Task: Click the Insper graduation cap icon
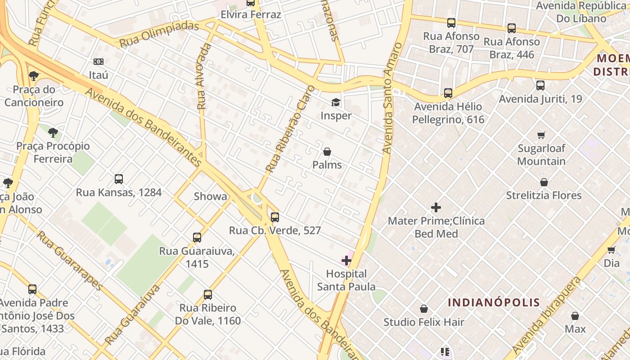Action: (x=336, y=103)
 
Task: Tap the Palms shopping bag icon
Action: (x=327, y=152)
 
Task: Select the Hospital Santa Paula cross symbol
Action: (x=346, y=261)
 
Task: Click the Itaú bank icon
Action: (x=99, y=62)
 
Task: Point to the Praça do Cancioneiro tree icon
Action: (x=33, y=76)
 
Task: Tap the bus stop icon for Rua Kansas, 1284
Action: (x=119, y=179)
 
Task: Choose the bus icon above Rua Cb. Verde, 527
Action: (x=274, y=217)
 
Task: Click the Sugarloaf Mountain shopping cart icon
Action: (x=541, y=135)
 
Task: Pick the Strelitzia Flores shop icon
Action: (x=544, y=182)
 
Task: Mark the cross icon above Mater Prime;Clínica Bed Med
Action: (x=436, y=207)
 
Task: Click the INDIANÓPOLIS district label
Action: (x=494, y=302)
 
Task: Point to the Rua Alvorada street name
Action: (x=204, y=76)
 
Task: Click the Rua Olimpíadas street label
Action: (x=159, y=34)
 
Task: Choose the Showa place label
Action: (x=210, y=196)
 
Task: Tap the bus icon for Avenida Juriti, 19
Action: (x=540, y=85)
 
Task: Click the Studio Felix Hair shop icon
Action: (x=423, y=309)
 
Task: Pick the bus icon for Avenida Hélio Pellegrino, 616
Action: (x=448, y=93)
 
